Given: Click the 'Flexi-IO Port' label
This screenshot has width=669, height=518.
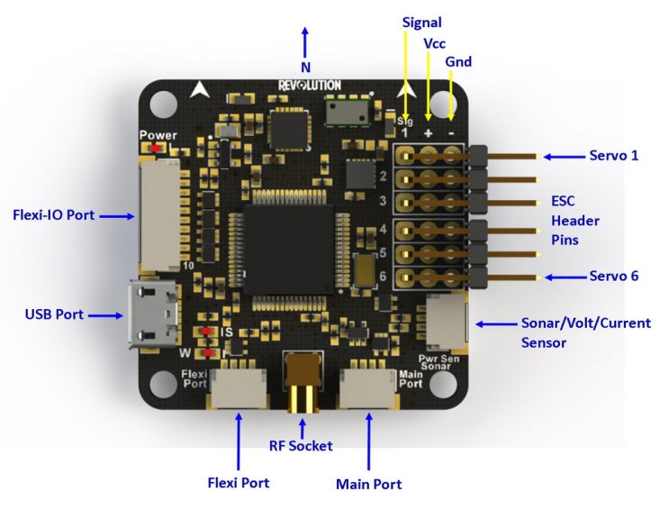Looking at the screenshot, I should click(53, 215).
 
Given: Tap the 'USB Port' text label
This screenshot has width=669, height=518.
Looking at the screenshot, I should click(54, 314).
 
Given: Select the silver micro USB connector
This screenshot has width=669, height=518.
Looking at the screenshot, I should click(147, 315).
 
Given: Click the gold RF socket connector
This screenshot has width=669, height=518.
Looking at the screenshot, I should click(303, 382).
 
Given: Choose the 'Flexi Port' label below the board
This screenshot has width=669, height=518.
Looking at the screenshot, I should click(238, 482).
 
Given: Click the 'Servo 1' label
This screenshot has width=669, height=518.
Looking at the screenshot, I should click(613, 156).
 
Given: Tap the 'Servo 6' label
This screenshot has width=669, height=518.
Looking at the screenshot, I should click(613, 276).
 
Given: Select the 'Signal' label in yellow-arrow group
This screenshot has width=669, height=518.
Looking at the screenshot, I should click(421, 21).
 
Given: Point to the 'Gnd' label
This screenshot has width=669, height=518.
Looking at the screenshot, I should click(458, 61).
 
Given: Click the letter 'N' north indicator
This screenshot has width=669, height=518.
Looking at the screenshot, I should click(305, 67).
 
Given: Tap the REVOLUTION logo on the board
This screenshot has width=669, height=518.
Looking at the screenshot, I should click(309, 85).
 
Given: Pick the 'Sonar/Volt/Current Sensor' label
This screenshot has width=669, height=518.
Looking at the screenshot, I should click(585, 332).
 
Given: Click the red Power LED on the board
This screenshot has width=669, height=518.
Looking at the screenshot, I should click(157, 148).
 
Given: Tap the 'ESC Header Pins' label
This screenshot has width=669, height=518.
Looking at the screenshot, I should click(574, 221).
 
